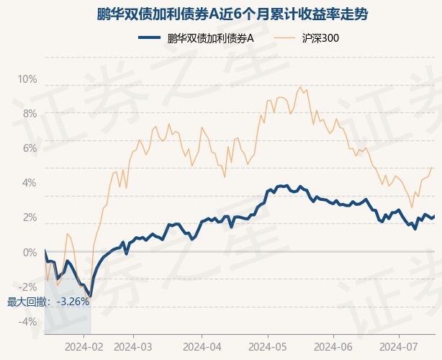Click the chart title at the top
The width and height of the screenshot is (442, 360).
coord(233,14)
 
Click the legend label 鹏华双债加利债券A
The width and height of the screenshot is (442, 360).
coord(211,38)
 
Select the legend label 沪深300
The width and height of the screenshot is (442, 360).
coord(320,38)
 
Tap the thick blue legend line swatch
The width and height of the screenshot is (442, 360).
coord(150,37)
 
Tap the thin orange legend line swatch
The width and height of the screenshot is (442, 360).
coord(284,37)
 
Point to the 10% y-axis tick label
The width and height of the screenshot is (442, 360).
coord(27,79)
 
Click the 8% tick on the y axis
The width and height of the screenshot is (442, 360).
coord(30,114)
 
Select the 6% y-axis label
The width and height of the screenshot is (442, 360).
coord(30,148)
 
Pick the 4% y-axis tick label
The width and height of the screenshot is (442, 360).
coord(30,183)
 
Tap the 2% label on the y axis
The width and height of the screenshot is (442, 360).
coord(30,217)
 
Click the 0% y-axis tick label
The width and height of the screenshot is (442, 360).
coord(30,253)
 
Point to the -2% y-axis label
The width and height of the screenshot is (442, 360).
coord(28,287)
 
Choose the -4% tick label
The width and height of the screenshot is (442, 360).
coord(28,322)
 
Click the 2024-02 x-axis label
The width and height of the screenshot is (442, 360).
coord(84,347)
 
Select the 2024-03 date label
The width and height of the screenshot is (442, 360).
coord(133,347)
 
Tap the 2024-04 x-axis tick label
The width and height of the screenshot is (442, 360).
coord(202,347)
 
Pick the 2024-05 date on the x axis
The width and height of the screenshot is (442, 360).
coord(268,347)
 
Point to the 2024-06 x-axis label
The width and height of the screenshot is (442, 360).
coord(333,347)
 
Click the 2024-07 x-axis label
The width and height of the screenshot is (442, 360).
coord(399,347)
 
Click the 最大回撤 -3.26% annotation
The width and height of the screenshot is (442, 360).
coord(48,302)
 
